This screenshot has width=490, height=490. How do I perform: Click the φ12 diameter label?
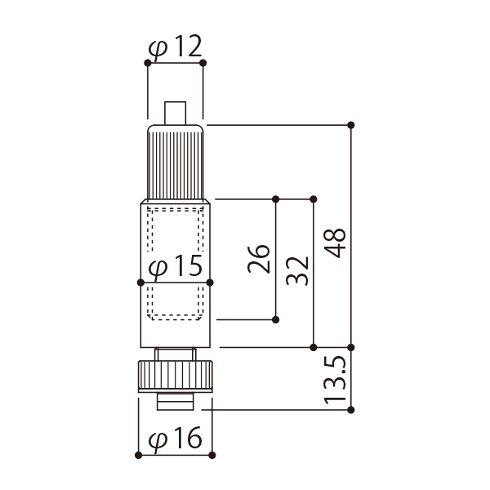coord(175,47)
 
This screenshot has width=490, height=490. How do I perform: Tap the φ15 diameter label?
coord(175,266)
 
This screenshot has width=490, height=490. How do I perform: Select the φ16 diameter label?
coord(175,438)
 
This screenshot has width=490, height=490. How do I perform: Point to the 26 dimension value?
coord(258,259)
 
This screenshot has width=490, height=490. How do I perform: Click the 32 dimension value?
coord(297,270)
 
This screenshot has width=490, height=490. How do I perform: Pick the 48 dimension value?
coord(335,243)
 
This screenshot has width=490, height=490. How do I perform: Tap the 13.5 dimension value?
coord(335,380)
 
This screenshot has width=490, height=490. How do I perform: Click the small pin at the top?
coord(176,114)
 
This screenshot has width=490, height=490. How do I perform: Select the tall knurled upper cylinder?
coord(176,162)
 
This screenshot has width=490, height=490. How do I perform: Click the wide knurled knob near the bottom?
coord(176,376)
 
